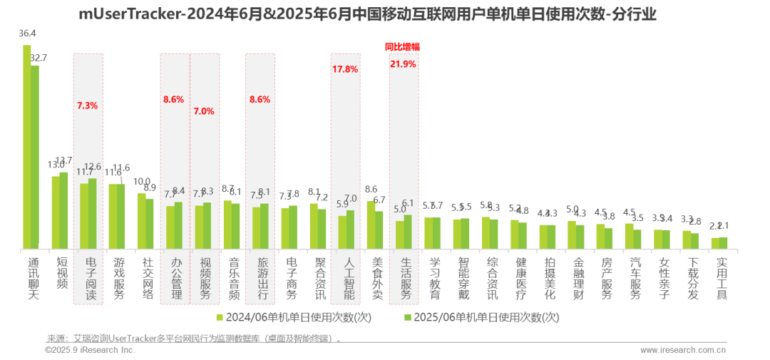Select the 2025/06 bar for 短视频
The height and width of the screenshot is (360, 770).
click(x=63, y=211)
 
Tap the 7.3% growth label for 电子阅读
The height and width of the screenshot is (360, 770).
click(x=87, y=106)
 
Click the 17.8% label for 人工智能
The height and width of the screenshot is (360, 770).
click(x=345, y=69)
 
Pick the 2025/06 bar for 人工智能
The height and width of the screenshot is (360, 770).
click(x=350, y=230)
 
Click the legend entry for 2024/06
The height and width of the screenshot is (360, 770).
click(x=293, y=317)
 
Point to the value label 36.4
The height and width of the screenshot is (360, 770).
click(x=27, y=34)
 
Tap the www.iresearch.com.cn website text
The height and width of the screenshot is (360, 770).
click(x=683, y=350)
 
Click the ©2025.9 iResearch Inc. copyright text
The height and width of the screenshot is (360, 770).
click(x=89, y=350)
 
